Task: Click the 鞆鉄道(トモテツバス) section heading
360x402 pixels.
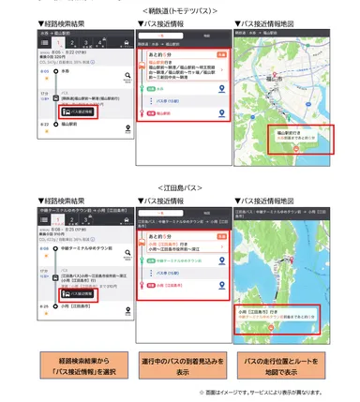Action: coord(180,10)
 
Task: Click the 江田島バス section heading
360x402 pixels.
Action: coord(180,187)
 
